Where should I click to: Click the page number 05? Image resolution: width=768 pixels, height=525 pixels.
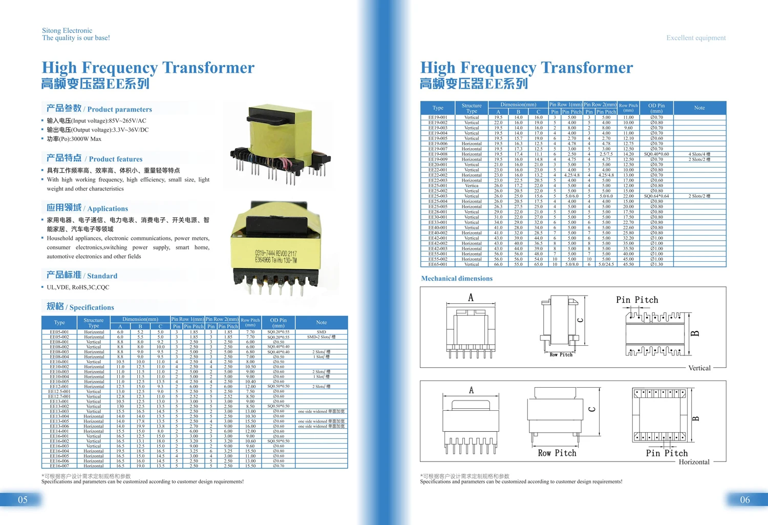pyautogui.click(x=23, y=500)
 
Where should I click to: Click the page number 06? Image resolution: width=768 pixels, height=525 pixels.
pyautogui.click(x=745, y=500)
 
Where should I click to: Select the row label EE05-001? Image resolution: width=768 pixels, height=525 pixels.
pyautogui.click(x=59, y=332)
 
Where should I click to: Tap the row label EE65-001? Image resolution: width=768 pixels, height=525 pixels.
pyautogui.click(x=438, y=264)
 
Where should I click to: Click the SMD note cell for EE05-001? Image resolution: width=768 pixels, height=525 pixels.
pyautogui.click(x=322, y=332)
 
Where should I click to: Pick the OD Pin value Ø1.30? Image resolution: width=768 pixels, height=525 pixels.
pyautogui.click(x=656, y=264)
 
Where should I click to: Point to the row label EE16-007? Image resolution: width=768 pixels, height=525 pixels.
pyautogui.click(x=59, y=466)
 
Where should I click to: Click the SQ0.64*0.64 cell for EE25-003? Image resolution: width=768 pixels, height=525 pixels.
pyautogui.click(x=656, y=196)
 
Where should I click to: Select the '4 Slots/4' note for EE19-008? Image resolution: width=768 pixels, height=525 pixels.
pyautogui.click(x=699, y=154)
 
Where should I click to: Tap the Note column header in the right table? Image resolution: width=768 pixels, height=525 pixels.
pyautogui.click(x=699, y=108)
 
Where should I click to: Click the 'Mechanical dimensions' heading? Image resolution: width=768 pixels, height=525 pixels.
pyautogui.click(x=457, y=279)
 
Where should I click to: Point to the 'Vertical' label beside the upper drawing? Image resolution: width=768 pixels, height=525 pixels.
pyautogui.click(x=699, y=368)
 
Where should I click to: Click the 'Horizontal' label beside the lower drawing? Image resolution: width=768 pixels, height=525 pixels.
pyautogui.click(x=694, y=462)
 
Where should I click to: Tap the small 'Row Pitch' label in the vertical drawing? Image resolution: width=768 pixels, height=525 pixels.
pyautogui.click(x=561, y=354)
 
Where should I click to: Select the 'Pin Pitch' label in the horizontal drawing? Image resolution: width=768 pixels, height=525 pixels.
pyautogui.click(x=667, y=453)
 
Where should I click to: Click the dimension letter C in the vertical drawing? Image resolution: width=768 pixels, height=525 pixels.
pyautogui.click(x=580, y=320)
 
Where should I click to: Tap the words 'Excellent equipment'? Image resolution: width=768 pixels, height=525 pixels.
pyautogui.click(x=696, y=38)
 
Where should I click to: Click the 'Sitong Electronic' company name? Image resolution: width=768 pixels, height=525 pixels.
pyautogui.click(x=67, y=31)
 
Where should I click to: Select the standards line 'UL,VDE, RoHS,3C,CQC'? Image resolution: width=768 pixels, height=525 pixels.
pyautogui.click(x=78, y=287)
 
